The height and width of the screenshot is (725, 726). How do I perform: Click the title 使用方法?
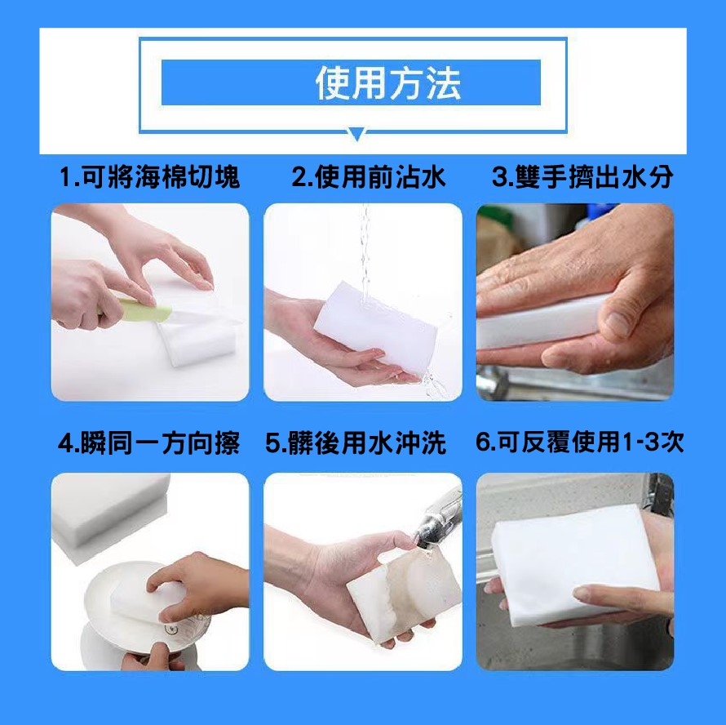tap(388, 83)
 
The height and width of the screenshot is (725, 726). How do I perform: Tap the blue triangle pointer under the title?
tap(356, 135)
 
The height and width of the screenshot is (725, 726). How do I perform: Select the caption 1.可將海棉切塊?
tap(149, 176)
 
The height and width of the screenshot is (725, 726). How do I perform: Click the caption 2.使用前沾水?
tap(368, 176)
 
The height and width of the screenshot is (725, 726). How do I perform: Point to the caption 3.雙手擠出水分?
tap(582, 176)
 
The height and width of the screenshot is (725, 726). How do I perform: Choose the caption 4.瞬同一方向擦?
tap(148, 443)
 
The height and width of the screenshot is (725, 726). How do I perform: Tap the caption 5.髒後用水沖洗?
tap(356, 443)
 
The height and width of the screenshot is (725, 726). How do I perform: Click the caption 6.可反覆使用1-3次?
tap(580, 442)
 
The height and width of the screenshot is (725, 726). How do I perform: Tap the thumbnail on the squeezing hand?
tap(618, 323)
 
